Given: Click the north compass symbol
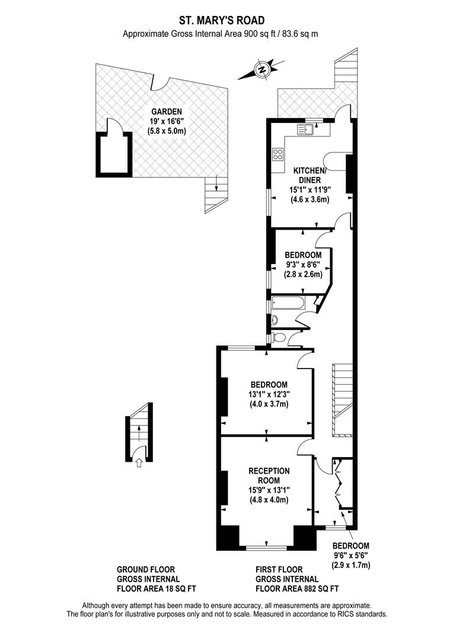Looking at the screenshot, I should tap(261, 69).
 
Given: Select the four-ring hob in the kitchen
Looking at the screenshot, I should tap(277, 154).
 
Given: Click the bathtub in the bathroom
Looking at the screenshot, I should tap(288, 304).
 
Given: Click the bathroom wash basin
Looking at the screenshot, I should tap(273, 320).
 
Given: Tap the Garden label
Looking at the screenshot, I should tap(166, 112).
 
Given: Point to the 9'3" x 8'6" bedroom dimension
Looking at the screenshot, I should tap(302, 265).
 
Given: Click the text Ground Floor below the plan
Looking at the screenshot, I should tap(146, 569).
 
